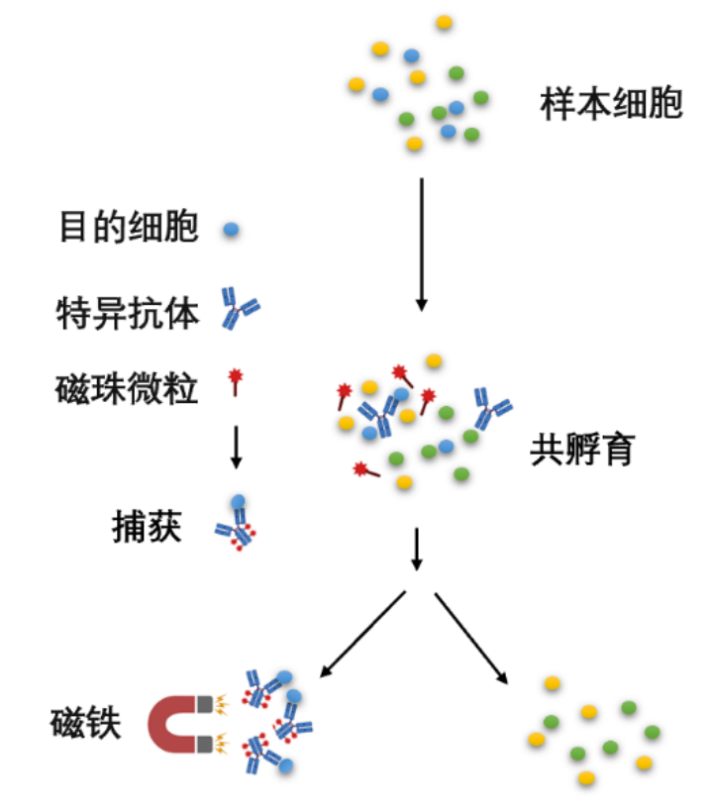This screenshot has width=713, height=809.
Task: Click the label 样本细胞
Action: pos(611,104)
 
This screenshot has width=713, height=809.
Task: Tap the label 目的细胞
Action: pos(129,227)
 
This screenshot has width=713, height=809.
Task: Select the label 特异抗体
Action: pos(128,313)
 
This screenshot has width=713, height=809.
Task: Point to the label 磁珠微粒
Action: pos(127,388)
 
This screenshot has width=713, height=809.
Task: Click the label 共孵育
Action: pos(582,450)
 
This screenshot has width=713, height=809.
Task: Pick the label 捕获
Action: pos(147,527)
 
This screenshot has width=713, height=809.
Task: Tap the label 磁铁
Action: pos(85,723)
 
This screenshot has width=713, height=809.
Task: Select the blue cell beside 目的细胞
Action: pos(231,229)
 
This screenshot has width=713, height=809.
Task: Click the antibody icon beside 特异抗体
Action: pos(240,309)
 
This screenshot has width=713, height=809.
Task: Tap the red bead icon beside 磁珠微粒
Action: pos(236,382)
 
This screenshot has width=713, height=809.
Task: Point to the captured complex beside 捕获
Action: pos(237,524)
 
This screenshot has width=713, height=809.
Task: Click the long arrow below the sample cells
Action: pos(422,245)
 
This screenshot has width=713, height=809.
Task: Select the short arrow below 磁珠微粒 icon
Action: pos(236,448)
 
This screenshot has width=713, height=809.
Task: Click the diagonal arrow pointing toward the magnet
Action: pos(362,634)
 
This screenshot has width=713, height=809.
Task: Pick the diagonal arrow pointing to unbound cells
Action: pos(471,639)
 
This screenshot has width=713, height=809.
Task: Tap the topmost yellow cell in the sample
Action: pos(445,22)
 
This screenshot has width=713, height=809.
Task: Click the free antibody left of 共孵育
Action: pos(493,408)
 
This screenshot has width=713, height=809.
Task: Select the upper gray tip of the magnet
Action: pos(204,704)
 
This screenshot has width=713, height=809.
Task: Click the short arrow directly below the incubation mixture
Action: pos(416,549)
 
